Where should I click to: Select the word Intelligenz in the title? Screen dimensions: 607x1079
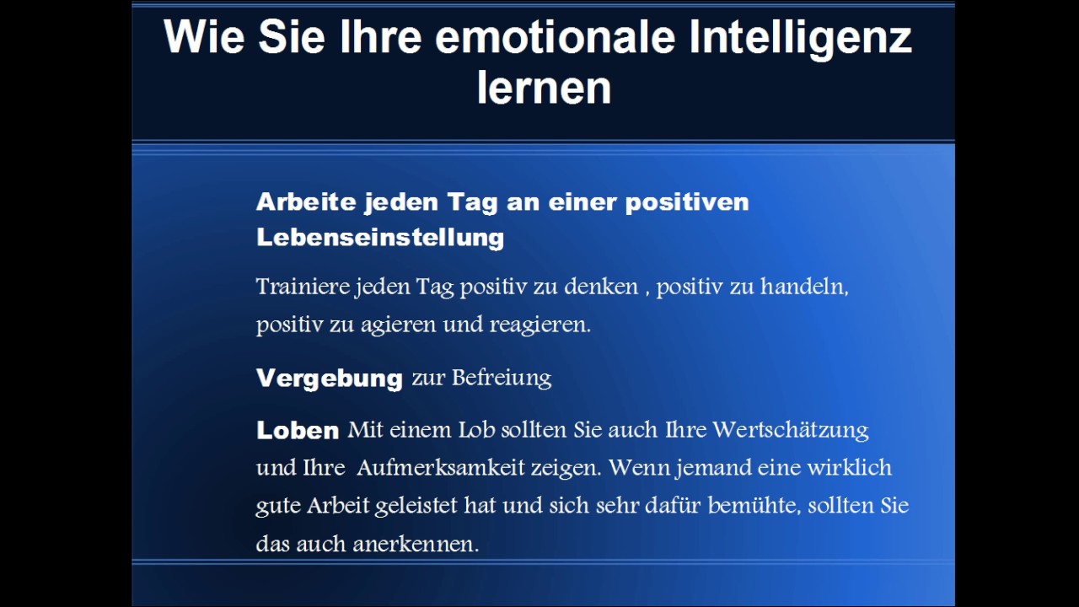click(x=800, y=38)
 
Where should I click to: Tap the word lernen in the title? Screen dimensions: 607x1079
click(x=544, y=88)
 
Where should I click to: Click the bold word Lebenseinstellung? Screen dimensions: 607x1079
click(x=380, y=238)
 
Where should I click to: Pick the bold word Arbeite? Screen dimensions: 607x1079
click(x=305, y=202)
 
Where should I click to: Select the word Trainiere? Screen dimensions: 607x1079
click(x=303, y=287)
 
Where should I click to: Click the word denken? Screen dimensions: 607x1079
click(x=601, y=287)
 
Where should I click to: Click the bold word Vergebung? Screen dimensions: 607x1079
click(x=330, y=379)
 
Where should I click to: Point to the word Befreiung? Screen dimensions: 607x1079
click(x=502, y=378)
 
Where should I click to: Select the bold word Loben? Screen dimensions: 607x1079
click(x=298, y=431)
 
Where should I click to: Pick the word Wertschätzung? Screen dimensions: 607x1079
click(x=790, y=430)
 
